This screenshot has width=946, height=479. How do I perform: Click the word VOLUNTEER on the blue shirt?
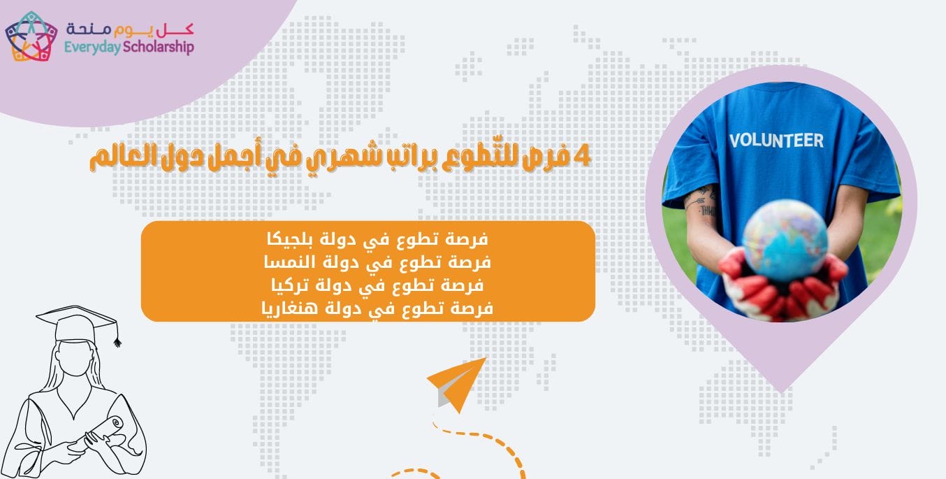[x=776, y=139]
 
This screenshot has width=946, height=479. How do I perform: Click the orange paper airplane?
[x=458, y=384]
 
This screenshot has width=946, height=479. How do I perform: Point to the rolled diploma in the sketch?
[x=105, y=431]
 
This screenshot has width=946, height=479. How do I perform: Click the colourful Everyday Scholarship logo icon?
[x=31, y=36]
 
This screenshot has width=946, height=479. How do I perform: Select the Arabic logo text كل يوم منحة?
[x=130, y=29]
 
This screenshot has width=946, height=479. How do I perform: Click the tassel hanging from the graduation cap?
[x=117, y=339]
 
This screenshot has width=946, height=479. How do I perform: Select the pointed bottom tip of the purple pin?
[x=781, y=389]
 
